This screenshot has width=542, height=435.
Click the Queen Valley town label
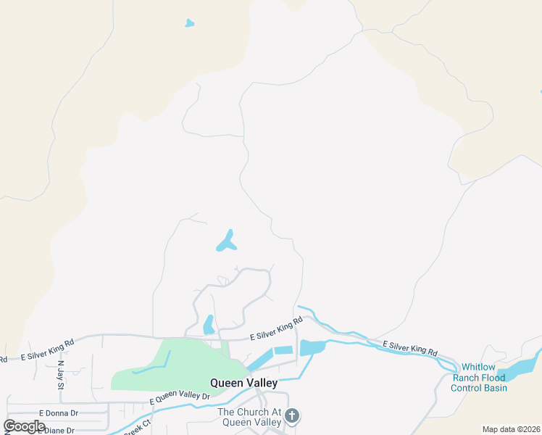pos(243,382)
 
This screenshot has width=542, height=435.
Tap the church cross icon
pos(292,415)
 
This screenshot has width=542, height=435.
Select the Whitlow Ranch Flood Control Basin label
pos(479,378)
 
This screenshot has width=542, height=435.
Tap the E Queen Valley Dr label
pos(179,398)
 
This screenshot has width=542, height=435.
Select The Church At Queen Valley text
pos(249,417)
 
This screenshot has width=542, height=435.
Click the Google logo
pos(25,426)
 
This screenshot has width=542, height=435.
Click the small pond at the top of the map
pos(189,23)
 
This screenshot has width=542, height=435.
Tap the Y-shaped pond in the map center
pos(226,242)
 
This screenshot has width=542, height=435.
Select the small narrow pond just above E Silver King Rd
pos(208,324)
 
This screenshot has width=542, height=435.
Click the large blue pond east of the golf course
pos(312,347)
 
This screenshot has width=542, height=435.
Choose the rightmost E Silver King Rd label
pos(410,347)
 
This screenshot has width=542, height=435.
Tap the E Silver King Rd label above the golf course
pos(275,333)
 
